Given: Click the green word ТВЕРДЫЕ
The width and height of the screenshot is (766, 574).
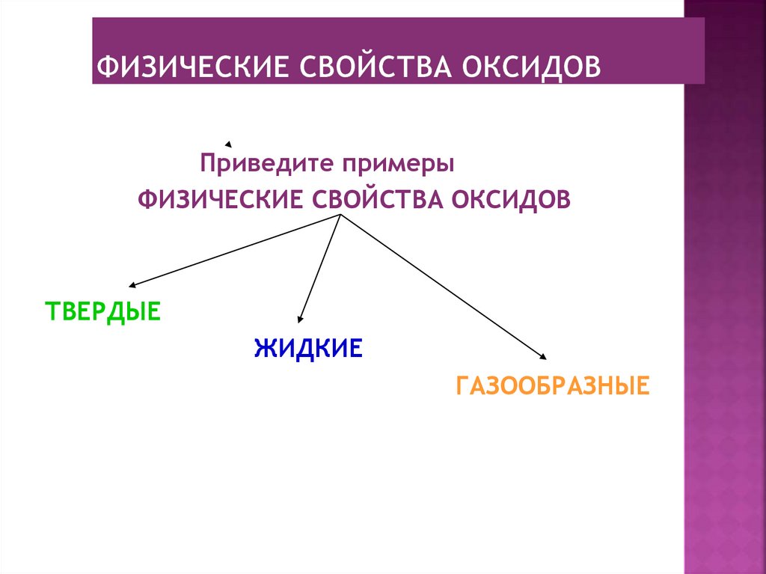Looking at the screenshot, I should pyautogui.click(x=102, y=311).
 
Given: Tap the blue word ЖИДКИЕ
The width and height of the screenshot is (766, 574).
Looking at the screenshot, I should pyautogui.click(x=308, y=348).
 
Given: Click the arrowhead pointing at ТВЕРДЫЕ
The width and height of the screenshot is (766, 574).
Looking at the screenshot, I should pyautogui.click(x=132, y=285).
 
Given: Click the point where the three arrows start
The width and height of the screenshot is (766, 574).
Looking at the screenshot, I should pyautogui.click(x=341, y=216).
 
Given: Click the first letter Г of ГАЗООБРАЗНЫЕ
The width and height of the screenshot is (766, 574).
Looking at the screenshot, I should pyautogui.click(x=462, y=386).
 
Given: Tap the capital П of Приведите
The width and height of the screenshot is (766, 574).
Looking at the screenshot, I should pyautogui.click(x=206, y=162).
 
